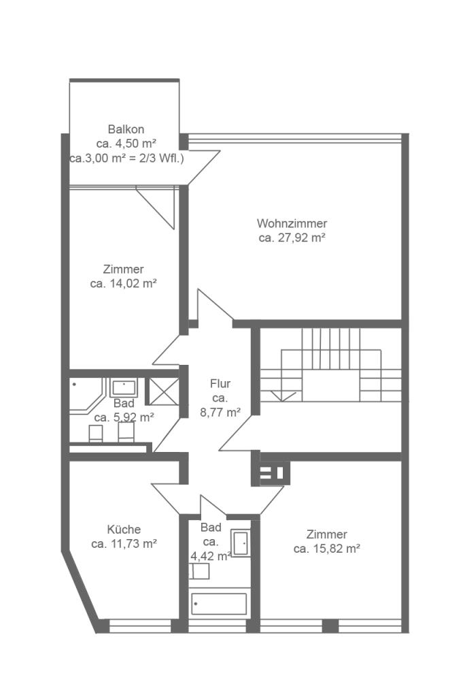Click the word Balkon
click(126, 129)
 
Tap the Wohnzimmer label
click(292, 223)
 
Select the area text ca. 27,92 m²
click(292, 238)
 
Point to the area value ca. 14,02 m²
click(124, 284)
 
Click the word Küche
click(124, 530)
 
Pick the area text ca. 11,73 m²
click(124, 544)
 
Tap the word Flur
click(220, 384)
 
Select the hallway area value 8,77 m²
click(220, 412)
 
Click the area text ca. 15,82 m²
click(326, 549)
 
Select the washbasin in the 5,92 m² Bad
click(124, 387)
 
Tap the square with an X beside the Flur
click(164, 391)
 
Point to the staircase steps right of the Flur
click(331, 365)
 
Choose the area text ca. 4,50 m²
click(126, 144)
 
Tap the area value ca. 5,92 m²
click(124, 417)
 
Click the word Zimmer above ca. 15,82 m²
click(326, 534)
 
